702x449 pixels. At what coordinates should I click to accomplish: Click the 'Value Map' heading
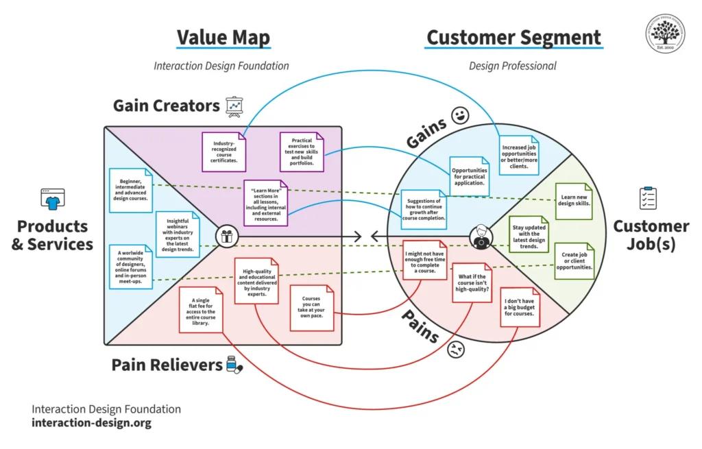tap(223, 37)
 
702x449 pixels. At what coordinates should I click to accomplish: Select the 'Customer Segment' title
tap(513, 37)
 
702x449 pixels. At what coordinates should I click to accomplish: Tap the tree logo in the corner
tap(665, 33)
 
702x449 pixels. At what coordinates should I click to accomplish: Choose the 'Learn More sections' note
tap(267, 203)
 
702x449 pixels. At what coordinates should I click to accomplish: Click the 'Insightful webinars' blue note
tap(178, 232)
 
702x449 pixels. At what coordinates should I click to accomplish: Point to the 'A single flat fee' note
tap(200, 310)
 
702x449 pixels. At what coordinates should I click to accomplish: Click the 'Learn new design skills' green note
tap(573, 200)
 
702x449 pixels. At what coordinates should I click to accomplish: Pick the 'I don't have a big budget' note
tap(520, 307)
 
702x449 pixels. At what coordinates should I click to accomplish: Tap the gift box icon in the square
tap(226, 237)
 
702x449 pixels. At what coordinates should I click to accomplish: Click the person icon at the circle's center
tap(481, 237)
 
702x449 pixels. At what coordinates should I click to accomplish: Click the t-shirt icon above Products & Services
tap(52, 199)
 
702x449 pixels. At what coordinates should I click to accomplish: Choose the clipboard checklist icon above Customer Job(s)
tap(648, 198)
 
